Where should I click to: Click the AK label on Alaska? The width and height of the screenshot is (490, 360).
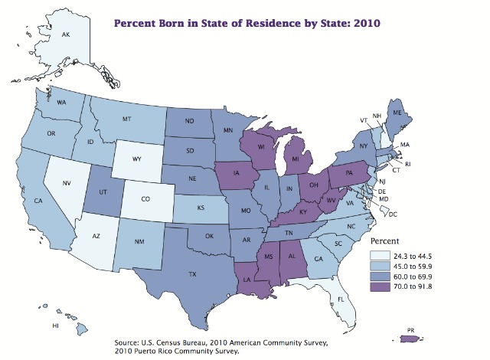point(65,34)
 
